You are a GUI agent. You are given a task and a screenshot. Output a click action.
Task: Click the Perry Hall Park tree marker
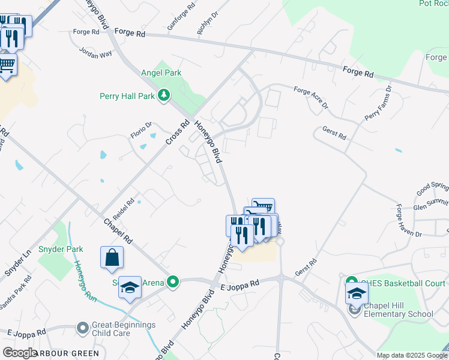[x=163, y=95]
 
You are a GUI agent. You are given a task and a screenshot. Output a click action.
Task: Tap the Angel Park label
[x=161, y=73]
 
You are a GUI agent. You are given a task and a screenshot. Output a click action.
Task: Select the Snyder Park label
[x=60, y=249]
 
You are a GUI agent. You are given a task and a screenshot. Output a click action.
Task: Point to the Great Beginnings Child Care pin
[x=83, y=328]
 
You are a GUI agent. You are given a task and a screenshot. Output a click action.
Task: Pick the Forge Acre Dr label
[x=311, y=98]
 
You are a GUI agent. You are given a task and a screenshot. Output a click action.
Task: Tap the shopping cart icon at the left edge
[x=7, y=65]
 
